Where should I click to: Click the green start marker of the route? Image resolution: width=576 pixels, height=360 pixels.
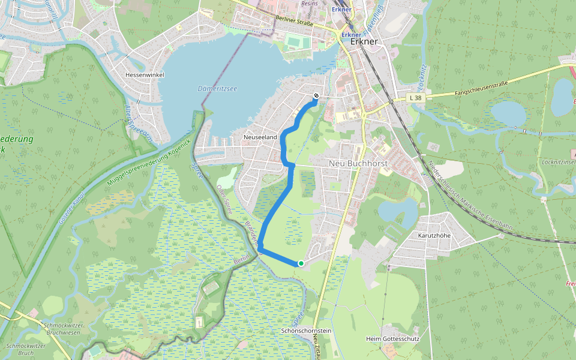tap(301, 263)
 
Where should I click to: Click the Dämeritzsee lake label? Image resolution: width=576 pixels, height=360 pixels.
tap(217, 89)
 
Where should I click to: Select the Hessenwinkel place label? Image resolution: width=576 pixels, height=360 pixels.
tap(145, 75)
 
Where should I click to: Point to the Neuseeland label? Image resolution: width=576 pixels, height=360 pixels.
tap(260, 137)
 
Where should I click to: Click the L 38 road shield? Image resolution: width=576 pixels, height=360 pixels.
tap(415, 98)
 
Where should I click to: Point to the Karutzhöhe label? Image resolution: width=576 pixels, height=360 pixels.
tap(434, 236)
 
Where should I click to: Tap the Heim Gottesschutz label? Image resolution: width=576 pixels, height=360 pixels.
tap(392, 338)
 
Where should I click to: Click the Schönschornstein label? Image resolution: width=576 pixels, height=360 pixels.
tap(305, 331)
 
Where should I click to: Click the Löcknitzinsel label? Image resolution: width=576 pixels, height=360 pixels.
tap(557, 163)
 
